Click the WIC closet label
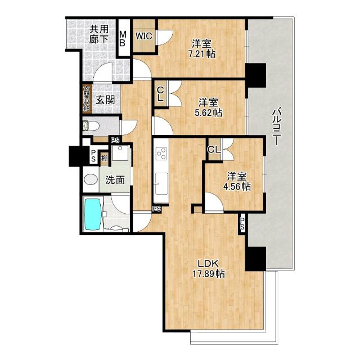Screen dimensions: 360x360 [144, 36]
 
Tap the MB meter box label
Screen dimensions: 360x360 [123, 39]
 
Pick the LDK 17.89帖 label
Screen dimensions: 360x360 [208, 269]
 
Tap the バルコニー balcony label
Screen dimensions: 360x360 [277, 128]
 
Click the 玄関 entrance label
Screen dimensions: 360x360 [105, 100]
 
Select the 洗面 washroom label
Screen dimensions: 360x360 [115, 180]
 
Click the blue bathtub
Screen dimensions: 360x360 [93, 214]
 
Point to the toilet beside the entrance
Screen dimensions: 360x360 [91, 126]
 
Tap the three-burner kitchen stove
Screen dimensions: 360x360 [161, 153]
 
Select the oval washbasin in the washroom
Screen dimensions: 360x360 [91, 179]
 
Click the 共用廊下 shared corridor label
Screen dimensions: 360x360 [99, 34]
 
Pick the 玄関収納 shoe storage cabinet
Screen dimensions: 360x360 [87, 99]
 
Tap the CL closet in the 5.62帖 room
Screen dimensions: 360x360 [161, 94]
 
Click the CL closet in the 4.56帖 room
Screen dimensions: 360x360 [214, 150]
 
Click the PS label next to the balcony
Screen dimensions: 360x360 [242, 224]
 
